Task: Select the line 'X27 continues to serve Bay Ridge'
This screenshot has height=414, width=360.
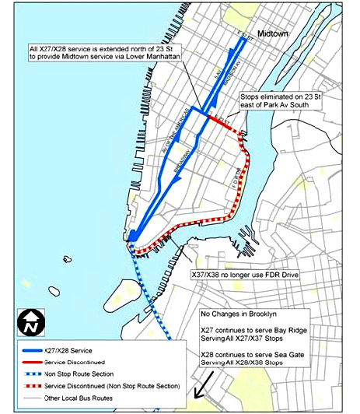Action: coord(254,332)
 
